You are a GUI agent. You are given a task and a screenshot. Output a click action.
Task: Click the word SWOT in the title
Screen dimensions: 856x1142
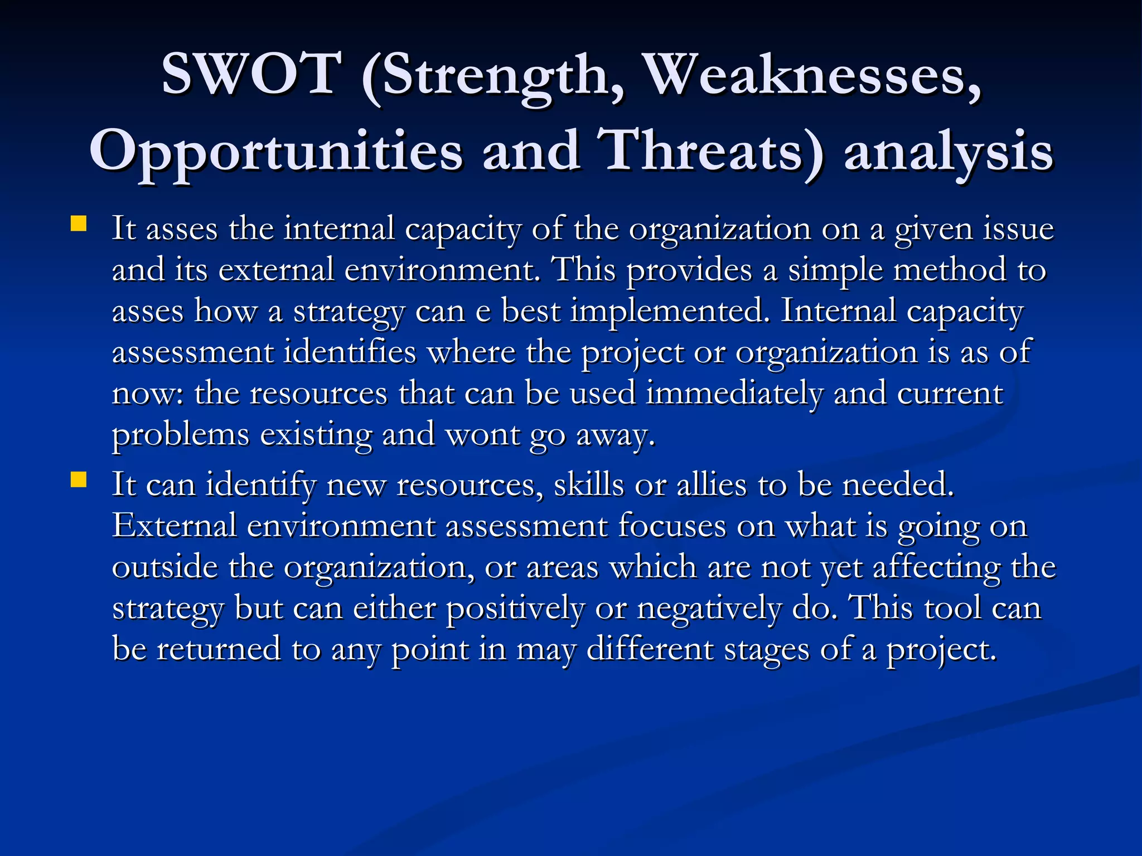click(x=251, y=74)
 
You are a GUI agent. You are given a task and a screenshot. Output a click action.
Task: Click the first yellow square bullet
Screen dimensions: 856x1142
click(x=79, y=225)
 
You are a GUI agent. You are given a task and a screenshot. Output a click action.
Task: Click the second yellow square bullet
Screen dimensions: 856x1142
click(x=79, y=480)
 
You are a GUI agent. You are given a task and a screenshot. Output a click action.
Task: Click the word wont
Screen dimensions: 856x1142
click(x=482, y=435)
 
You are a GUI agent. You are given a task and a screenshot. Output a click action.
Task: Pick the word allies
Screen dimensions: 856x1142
click(x=712, y=484)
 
